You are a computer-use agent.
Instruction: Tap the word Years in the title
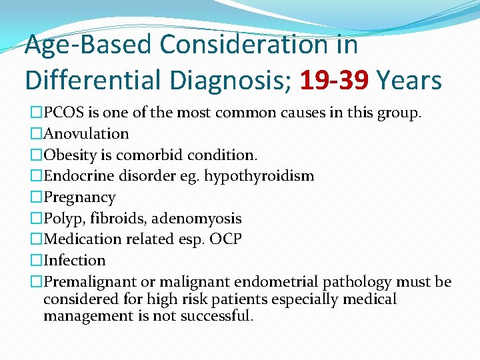point(409,81)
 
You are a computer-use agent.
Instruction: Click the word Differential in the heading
point(94,81)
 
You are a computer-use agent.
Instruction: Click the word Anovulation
point(86,134)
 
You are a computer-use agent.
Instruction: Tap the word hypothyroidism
point(259,177)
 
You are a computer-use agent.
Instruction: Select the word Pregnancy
point(79,198)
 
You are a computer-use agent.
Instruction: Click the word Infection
point(75,261)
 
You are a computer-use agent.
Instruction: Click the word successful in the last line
point(213,316)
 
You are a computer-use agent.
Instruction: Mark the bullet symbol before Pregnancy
point(36,198)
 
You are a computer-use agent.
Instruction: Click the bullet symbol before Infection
point(36,261)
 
